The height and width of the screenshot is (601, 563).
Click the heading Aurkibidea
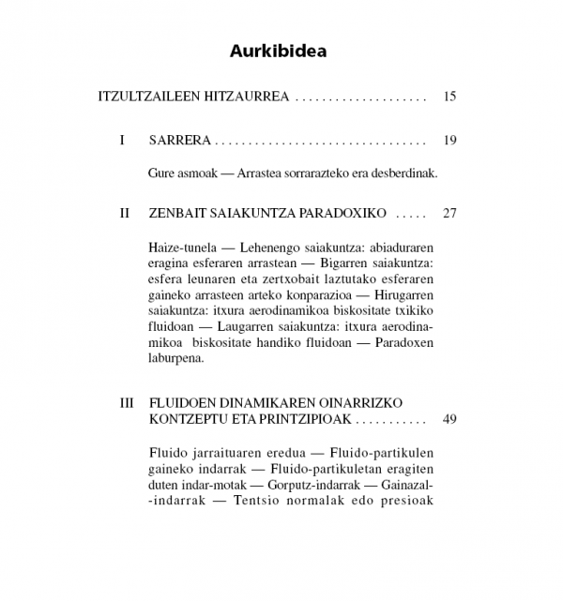pyautogui.click(x=279, y=51)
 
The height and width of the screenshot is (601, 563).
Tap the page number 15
pyautogui.click(x=449, y=97)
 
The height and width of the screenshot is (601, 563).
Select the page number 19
pyautogui.click(x=449, y=141)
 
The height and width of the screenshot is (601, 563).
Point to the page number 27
pyautogui.click(x=449, y=213)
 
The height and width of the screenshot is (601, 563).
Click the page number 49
pyautogui.click(x=449, y=419)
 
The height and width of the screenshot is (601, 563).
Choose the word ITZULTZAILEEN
pyautogui.click(x=145, y=97)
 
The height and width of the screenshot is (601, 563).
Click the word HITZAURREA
pyautogui.click(x=244, y=97)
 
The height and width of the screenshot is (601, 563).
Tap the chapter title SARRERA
pyautogui.click(x=179, y=141)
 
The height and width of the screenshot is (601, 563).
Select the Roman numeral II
pyautogui.click(x=124, y=213)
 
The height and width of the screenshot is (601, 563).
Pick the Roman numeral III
pyautogui.click(x=127, y=403)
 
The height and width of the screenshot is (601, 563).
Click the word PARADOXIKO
pyautogui.click(x=342, y=213)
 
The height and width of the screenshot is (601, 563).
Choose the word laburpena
pyautogui.click(x=175, y=357)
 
